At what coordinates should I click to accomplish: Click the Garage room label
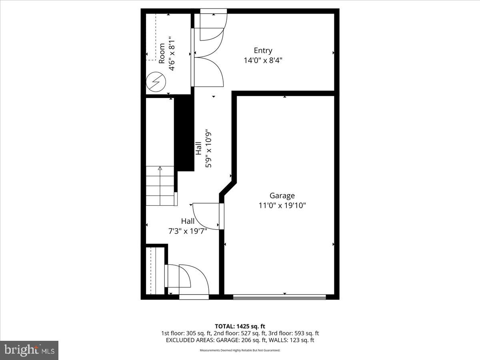pos(282,196)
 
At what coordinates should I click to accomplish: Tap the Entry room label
pos(263,50)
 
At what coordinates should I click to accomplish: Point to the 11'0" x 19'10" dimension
pos(282,206)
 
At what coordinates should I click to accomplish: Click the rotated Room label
pos(162,53)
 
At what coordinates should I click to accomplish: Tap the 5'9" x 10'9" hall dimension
pos(208,148)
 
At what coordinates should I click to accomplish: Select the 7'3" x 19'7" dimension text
pos(188,231)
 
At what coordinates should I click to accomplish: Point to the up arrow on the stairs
pos(160,168)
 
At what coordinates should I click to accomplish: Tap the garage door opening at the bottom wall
pos(280,296)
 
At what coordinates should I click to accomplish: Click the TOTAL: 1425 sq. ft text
pos(240,326)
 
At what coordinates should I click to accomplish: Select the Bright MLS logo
pos(29,350)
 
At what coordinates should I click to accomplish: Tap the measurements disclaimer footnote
pos(240,350)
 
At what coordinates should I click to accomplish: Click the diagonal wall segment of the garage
pos(228,189)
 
